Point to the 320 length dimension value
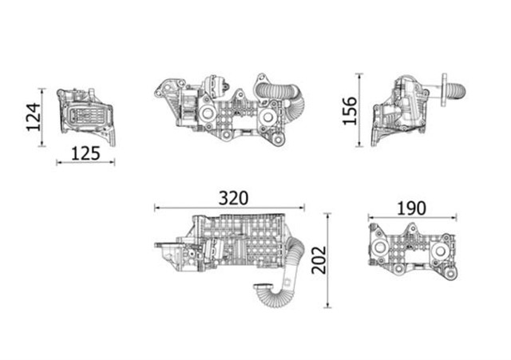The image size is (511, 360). (232, 197)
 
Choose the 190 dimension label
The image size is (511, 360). (410, 208)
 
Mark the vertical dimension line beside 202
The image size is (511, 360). (328, 260)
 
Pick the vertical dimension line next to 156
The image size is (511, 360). (359, 110)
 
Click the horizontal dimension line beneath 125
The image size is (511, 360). (85, 163)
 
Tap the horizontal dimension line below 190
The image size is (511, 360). (411, 216)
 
